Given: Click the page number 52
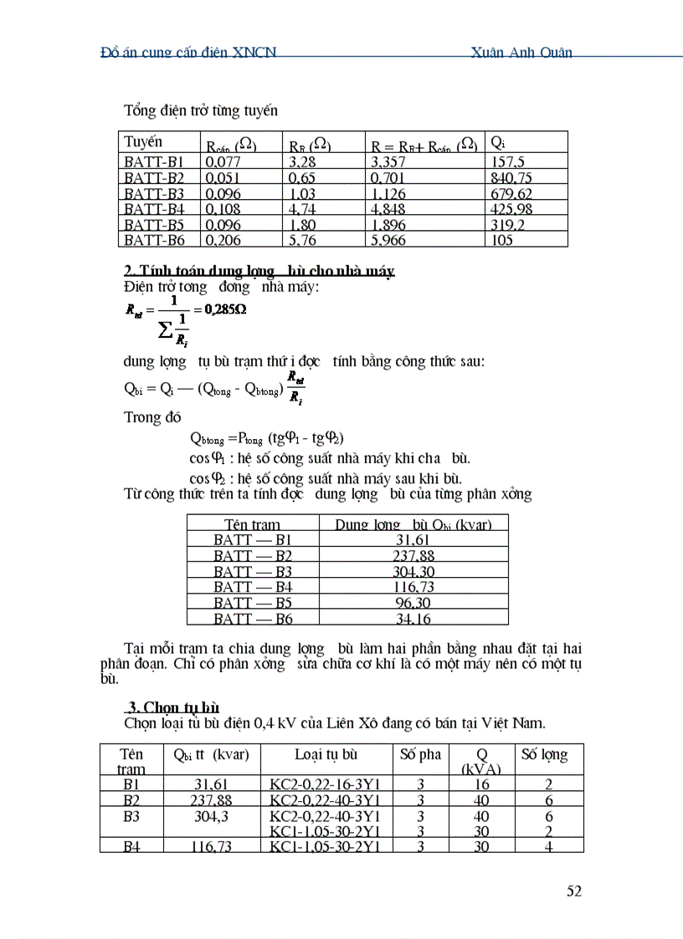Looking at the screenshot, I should pyautogui.click(x=573, y=891).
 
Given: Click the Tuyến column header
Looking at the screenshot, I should pyautogui.click(x=143, y=141).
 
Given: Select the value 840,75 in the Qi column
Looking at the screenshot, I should pyautogui.click(x=512, y=177).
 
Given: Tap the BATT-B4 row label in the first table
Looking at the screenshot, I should pyautogui.click(x=155, y=209).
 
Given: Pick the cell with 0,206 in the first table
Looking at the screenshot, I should pyautogui.click(x=222, y=240).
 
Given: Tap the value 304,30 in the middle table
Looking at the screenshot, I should pyautogui.click(x=413, y=572).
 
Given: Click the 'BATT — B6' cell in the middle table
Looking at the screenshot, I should pyautogui.click(x=253, y=619).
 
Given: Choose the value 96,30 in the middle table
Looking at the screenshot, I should pyautogui.click(x=413, y=603).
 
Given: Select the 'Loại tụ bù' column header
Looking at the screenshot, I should pyautogui.click(x=326, y=754).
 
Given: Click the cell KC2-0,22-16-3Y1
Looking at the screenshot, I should pyautogui.click(x=326, y=784).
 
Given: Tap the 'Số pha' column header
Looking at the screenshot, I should pyautogui.click(x=420, y=754).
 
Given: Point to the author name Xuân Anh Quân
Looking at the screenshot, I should pyautogui.click(x=522, y=52).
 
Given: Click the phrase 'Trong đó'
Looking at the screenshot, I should pyautogui.click(x=153, y=416).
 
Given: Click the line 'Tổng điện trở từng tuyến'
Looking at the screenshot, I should pyautogui.click(x=201, y=110).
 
